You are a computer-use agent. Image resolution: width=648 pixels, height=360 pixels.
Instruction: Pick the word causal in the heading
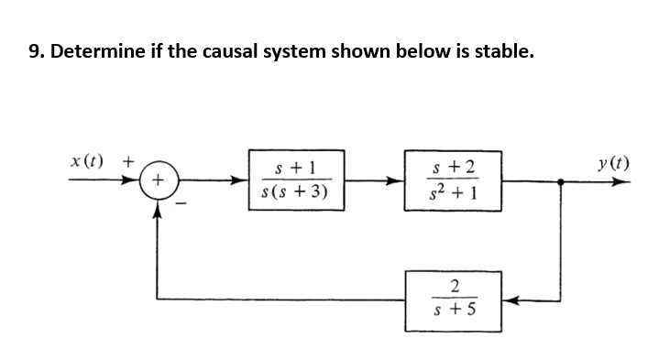point(232,50)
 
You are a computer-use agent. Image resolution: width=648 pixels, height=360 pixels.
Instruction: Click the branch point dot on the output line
point(561,181)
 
